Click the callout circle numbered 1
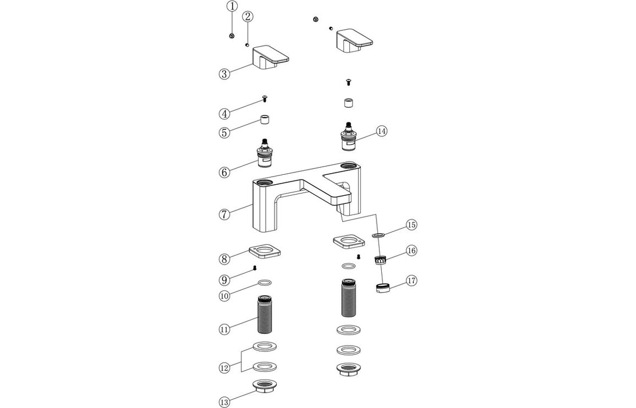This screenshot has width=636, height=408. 232,7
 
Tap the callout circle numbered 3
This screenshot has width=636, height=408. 224,74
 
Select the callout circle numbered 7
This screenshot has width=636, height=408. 224,214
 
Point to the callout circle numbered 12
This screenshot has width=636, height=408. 224,368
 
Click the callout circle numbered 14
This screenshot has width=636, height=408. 381,131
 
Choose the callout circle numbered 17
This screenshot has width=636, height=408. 411,280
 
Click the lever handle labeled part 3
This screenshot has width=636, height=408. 270,58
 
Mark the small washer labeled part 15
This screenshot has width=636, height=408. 377,235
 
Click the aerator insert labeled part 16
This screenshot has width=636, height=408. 381,259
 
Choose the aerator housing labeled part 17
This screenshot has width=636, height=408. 382,289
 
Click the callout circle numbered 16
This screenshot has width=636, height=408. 411,251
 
